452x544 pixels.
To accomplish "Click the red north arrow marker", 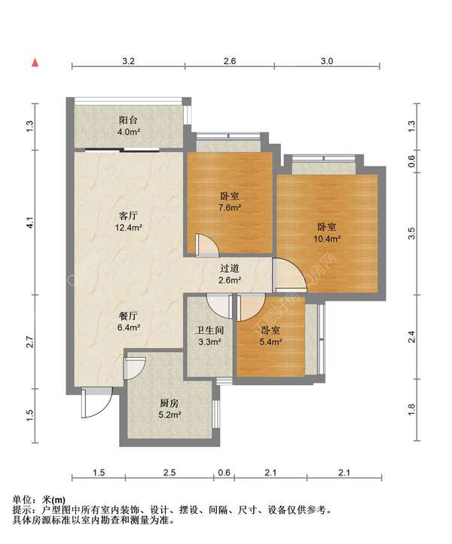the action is (35, 63).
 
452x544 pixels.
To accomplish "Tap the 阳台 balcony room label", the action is (128, 121).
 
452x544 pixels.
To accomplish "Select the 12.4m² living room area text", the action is (129, 228).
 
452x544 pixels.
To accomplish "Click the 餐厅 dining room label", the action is (128, 316).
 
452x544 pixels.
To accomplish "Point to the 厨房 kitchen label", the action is (169, 403).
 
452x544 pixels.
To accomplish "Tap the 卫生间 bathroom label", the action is (209, 330).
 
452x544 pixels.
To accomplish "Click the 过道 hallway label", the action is (230, 268).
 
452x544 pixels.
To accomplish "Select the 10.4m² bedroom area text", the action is (327, 239).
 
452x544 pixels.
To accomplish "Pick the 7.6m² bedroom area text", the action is (230, 207).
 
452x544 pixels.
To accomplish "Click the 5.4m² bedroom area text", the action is (270, 342).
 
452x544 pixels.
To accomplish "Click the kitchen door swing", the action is (135, 368).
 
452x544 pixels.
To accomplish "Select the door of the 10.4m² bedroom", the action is (290, 275).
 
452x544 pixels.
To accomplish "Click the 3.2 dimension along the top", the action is (128, 61).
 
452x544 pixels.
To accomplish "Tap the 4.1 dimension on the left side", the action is (30, 222).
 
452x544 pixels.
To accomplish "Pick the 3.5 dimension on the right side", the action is (411, 234).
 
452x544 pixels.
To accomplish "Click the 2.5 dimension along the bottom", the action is (169, 472).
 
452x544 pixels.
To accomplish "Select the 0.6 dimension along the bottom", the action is (224, 472).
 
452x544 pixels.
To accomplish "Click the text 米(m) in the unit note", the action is (53, 500).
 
